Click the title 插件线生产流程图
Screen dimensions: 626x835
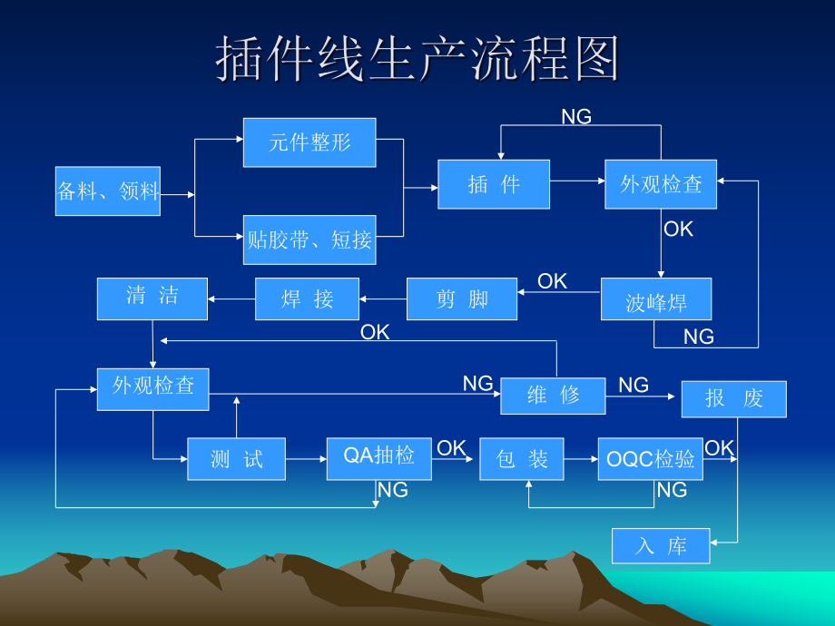pyautogui.click(x=417, y=60)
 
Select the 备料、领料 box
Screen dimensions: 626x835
pyautogui.click(x=108, y=191)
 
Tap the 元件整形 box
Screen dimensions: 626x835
pyautogui.click(x=309, y=142)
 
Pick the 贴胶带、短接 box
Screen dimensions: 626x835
pyautogui.click(x=309, y=240)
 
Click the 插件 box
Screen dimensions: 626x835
pyautogui.click(x=494, y=184)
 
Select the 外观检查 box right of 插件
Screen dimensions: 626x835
pyautogui.click(x=661, y=184)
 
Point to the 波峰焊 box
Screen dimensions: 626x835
pyautogui.click(x=656, y=299)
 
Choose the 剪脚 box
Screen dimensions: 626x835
pyautogui.click(x=462, y=299)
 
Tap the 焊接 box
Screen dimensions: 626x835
pyautogui.click(x=308, y=299)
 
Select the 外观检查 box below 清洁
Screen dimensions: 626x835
pyautogui.click(x=152, y=388)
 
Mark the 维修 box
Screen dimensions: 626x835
pyautogui.click(x=553, y=396)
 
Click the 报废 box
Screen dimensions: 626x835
pyautogui.click(x=734, y=399)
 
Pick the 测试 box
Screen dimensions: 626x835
pyautogui.click(x=236, y=459)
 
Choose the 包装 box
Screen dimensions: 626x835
pyautogui.click(x=522, y=459)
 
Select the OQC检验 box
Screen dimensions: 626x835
pyautogui.click(x=651, y=459)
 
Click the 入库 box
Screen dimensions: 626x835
pyautogui.click(x=661, y=545)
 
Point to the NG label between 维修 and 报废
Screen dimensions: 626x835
pyautogui.click(x=634, y=386)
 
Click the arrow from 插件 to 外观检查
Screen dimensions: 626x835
pyautogui.click(x=577, y=181)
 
